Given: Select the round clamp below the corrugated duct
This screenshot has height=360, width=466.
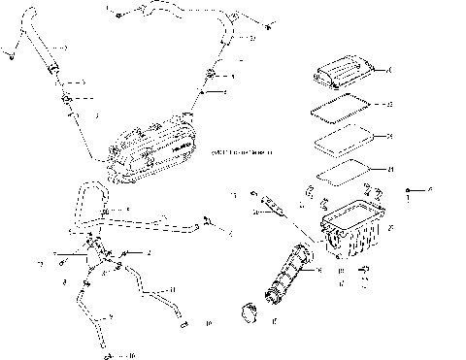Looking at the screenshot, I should tap(247, 316).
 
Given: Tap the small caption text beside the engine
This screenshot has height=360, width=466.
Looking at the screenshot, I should tap(242, 152).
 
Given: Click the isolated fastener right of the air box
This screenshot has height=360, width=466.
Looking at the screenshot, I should tap(409, 189).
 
